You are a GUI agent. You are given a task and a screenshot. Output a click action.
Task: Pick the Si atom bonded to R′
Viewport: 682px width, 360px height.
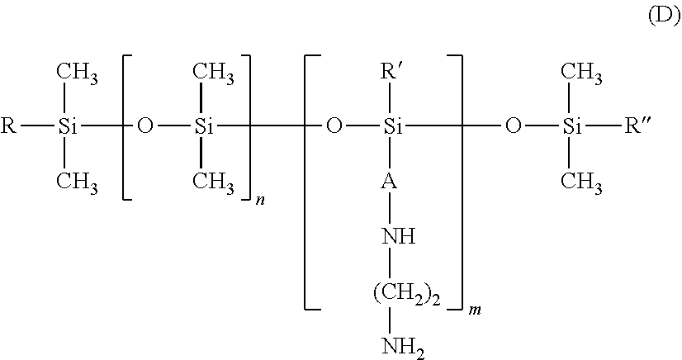point(393,127)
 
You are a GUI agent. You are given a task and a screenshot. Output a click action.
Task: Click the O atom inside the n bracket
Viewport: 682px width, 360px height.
point(145,127)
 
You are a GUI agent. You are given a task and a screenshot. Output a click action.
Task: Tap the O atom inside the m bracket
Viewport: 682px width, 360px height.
point(334,127)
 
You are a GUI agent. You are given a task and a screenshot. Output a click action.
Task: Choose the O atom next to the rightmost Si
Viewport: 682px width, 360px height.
point(514,127)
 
